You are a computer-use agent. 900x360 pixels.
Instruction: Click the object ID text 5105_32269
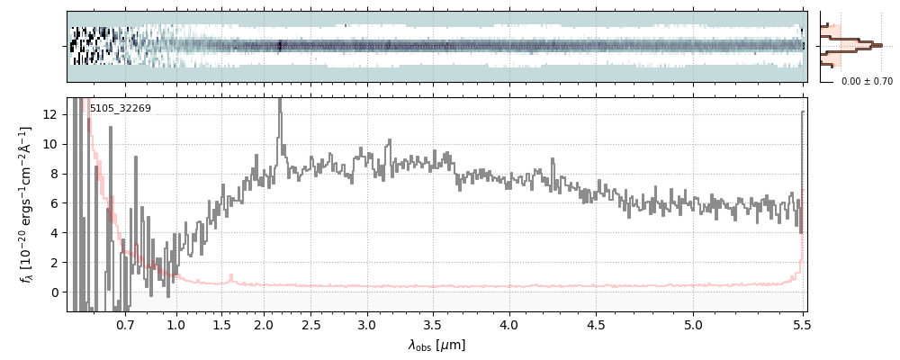tap(120, 109)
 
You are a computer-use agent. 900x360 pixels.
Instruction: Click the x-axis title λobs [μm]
tap(436, 345)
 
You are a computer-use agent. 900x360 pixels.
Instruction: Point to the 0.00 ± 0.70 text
tap(867, 81)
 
